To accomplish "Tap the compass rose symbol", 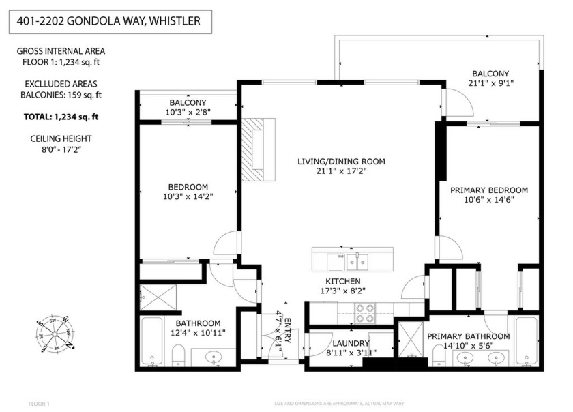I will pyautogui.click(x=55, y=332).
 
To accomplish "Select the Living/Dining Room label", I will pyautogui.click(x=341, y=162).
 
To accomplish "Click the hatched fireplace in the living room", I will pyautogui.click(x=258, y=149).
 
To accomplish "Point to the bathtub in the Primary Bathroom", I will pyautogui.click(x=526, y=340).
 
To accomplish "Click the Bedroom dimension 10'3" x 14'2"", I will pyautogui.click(x=188, y=198).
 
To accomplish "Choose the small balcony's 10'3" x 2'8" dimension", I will pyautogui.click(x=188, y=112).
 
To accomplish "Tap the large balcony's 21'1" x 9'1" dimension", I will pyautogui.click(x=490, y=84).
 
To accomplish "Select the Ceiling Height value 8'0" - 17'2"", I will pyautogui.click(x=62, y=149).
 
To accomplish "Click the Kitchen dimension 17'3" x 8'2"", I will pyautogui.click(x=342, y=290).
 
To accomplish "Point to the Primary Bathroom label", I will pyautogui.click(x=468, y=336).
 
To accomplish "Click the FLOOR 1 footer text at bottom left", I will pyautogui.click(x=39, y=404).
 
